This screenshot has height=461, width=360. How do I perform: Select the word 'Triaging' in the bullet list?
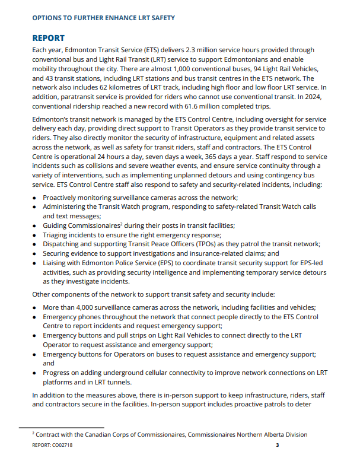click(58, 235)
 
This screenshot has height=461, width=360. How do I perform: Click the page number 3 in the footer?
click(278, 444)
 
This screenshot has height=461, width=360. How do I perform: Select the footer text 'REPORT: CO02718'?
click(53, 444)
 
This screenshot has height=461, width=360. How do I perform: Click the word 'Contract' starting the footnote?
click(51, 435)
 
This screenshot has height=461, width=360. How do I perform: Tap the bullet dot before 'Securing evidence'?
click(35, 254)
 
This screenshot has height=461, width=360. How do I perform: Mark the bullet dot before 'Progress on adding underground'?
click(35, 373)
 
